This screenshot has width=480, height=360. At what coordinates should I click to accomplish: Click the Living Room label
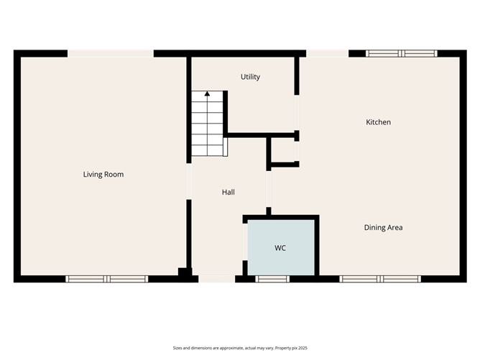coord(103,174)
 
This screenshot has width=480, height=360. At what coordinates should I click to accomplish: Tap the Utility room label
coord(250,77)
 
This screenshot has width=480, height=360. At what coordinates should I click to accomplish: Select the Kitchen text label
coord(379,122)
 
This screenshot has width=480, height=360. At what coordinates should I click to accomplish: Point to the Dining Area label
coord(383,228)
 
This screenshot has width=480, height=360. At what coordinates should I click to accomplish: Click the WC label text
coord(280,248)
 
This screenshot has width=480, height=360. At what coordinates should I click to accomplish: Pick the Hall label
coord(229,192)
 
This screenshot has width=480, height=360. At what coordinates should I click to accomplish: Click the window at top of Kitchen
coord(401,53)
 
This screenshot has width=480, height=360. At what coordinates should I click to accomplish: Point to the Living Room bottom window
coord(106,279)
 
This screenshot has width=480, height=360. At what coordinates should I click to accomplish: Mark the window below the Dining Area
coord(380,279)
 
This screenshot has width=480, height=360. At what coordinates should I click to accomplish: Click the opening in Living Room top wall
coord(111,53)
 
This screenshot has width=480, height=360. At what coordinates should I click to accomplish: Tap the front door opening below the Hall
coord(216,279)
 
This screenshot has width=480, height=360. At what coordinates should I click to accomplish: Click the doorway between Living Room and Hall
coord(189,182)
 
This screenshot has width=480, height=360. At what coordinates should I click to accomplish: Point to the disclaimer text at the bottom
coord(239,347)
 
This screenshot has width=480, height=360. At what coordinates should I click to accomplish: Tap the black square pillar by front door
coord(185,273)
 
